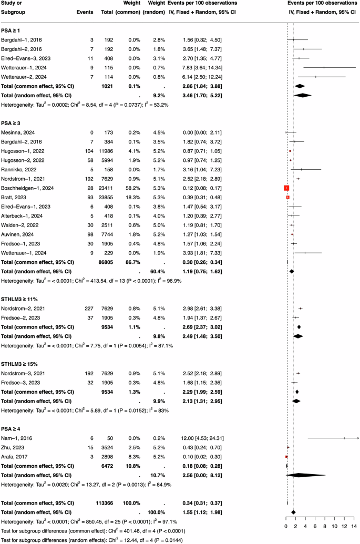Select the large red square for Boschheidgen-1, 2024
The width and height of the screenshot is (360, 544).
click(x=286, y=188)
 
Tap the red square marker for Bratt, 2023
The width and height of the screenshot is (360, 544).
click(x=288, y=197)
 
